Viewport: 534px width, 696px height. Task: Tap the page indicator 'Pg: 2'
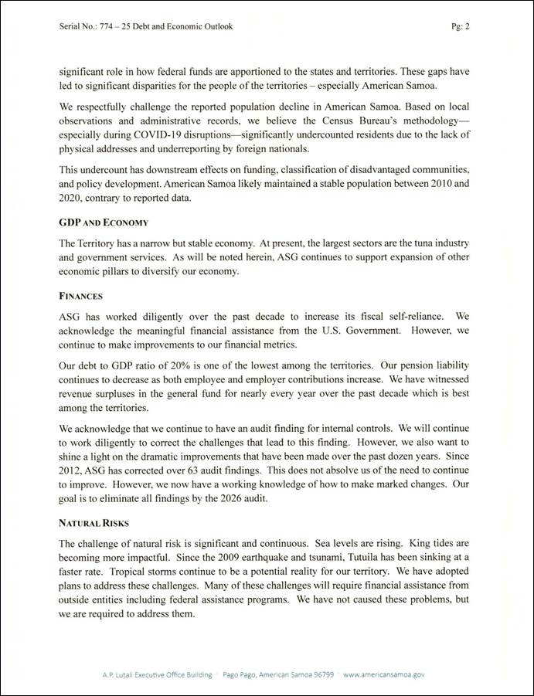(461, 26)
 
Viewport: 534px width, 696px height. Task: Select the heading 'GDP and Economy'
(104, 222)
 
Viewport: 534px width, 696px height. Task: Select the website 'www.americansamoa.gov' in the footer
(384, 674)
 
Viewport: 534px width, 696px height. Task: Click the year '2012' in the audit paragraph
(73, 455)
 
